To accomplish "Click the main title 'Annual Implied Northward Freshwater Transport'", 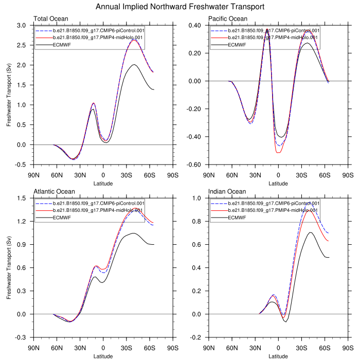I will coord(180,7).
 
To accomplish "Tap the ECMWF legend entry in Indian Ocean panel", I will coord(238,218).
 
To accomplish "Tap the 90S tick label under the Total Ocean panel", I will coord(173,174).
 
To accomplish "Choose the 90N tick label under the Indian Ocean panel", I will coord(209,347).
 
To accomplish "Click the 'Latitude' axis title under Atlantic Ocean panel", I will coord(103,355).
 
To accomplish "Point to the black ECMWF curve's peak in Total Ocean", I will coord(134,65).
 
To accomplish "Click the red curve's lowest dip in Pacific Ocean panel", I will coord(278,153).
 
